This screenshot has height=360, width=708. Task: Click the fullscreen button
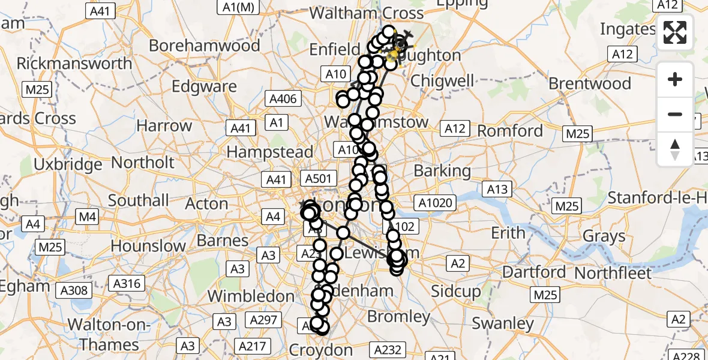(675, 32)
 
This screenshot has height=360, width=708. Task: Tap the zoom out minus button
(675, 114)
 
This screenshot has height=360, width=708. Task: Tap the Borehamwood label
(204, 46)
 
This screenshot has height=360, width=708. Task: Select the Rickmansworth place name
(74, 64)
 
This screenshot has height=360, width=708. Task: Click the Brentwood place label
(590, 83)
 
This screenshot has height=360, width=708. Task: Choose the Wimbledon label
(251, 296)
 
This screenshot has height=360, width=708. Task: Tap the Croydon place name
(321, 350)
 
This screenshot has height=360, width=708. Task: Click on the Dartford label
(535, 272)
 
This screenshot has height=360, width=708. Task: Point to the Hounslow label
(148, 246)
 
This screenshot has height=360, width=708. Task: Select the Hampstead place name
(270, 152)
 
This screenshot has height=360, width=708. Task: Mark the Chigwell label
(443, 80)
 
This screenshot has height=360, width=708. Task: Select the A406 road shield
(283, 99)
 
